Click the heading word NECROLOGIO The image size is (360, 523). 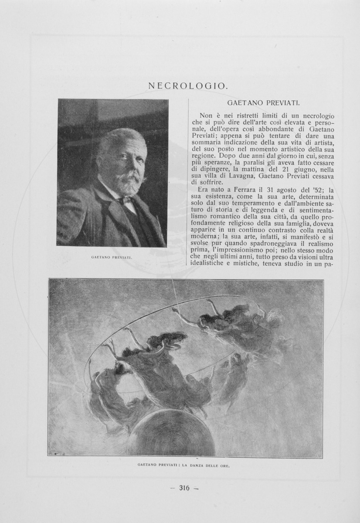[188, 86]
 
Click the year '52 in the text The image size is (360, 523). [319, 190]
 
